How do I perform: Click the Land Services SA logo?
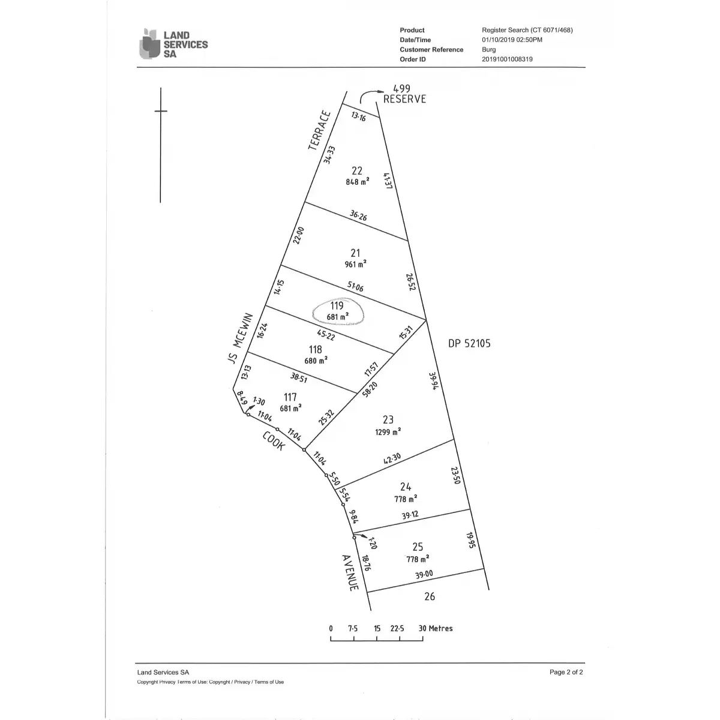[174, 44]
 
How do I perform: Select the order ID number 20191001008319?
[507, 59]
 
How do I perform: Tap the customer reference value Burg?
[489, 49]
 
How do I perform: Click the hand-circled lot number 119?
[337, 305]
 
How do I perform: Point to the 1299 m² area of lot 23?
[388, 432]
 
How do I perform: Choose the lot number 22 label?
[357, 171]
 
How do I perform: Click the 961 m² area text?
[355, 264]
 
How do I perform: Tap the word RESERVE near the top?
[404, 99]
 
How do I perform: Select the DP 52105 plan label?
[469, 343]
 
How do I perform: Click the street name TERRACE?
[319, 131]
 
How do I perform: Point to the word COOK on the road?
[274, 441]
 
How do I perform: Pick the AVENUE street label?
[350, 573]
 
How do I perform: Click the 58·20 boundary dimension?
[370, 389]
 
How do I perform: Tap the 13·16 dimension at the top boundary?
[358, 116]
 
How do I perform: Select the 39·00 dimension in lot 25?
[424, 574]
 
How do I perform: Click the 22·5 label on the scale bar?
[397, 628]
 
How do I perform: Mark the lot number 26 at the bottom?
[430, 596]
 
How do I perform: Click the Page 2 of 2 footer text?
[566, 672]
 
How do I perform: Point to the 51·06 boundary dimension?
[355, 287]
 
